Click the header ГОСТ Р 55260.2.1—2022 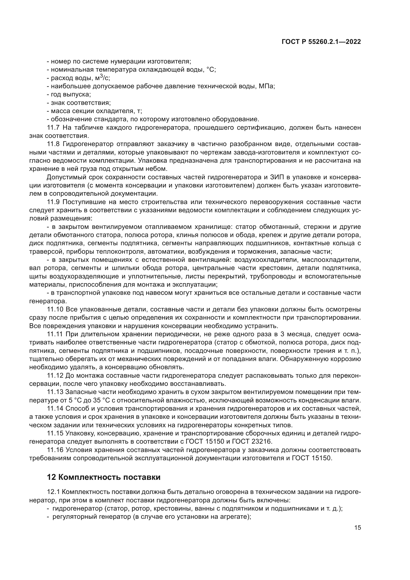coord(321,42)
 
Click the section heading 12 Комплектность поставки coord(104,477)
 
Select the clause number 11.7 coord(53,127)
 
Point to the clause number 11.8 coord(53,144)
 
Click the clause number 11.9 coord(53,202)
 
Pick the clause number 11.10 coord(55,309)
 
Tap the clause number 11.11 coord(55,334)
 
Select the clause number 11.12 coord(55,376)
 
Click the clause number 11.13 coord(55,392)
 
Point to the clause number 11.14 coord(55,408)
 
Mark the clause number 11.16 coord(55,450)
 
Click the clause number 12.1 coord(53,492)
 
